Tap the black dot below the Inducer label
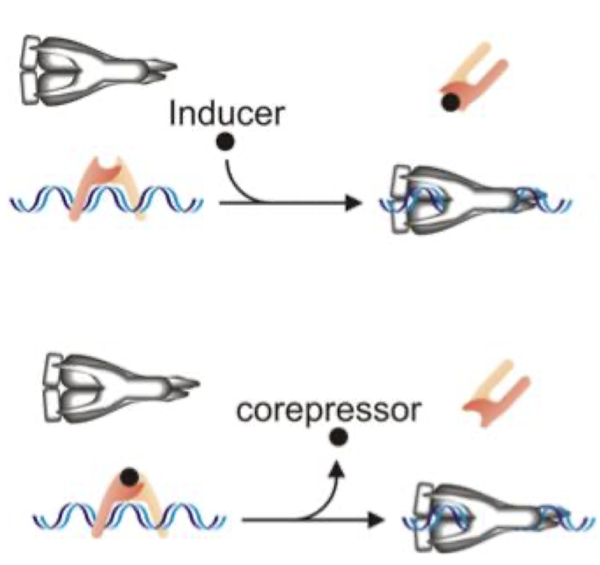[x=226, y=143]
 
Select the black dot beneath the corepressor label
[x=337, y=438]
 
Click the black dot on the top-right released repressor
[x=450, y=102]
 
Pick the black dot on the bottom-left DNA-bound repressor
[x=130, y=478]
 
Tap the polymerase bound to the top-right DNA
[x=457, y=200]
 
